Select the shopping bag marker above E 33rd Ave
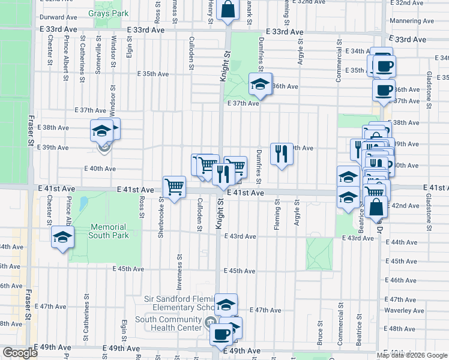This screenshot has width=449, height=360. tap(228, 10)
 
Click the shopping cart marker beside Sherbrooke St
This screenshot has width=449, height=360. tap(174, 187)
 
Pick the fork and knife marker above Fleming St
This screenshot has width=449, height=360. tap(281, 155)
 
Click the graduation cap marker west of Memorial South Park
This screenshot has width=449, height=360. tap(62, 238)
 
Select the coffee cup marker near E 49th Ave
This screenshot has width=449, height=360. tap(221, 334)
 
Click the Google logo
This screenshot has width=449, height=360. tap(20, 353)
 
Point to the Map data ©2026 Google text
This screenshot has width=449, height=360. tap(412, 355)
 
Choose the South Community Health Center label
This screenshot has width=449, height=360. tap(169, 323)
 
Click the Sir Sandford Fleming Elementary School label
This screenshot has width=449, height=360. tap(180, 303)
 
